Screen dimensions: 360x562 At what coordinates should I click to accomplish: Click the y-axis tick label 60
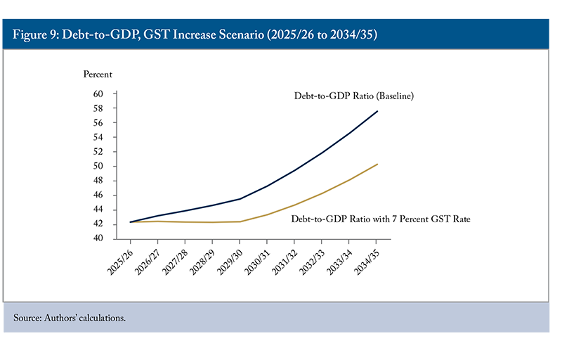tap(98, 94)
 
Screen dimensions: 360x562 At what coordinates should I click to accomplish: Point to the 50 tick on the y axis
tap(98, 167)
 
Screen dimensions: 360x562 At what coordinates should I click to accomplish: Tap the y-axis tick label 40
tap(98, 239)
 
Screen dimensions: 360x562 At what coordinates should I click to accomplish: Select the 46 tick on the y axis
tap(98, 195)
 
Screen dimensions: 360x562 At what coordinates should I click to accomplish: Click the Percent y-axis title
tap(98, 74)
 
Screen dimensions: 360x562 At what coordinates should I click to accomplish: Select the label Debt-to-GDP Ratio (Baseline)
tap(353, 96)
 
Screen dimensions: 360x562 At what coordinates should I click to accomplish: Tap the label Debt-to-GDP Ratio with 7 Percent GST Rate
tap(380, 219)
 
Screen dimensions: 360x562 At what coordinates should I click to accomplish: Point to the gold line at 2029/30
tap(241, 221)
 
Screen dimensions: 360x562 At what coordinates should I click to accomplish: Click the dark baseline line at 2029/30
tap(241, 198)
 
